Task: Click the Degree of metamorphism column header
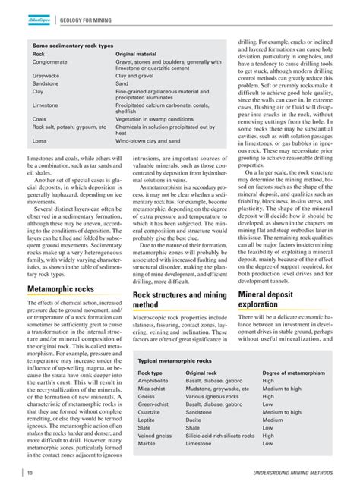(x=294, y=374)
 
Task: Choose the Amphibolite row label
(x=154, y=382)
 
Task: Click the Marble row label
(x=147, y=443)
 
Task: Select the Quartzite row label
(x=150, y=412)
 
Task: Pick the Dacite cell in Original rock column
(x=195, y=420)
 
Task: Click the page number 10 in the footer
(x=29, y=474)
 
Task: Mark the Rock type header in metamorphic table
(x=150, y=374)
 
